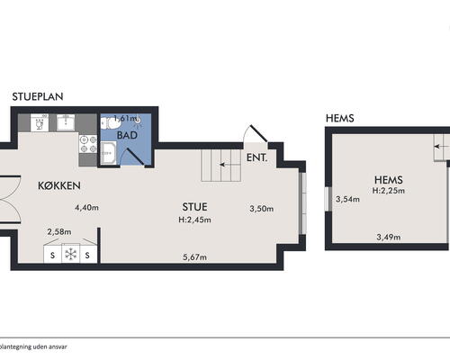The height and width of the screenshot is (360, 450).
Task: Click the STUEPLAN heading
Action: pyautogui.click(x=38, y=96)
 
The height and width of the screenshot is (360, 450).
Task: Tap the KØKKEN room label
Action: pyautogui.click(x=59, y=185)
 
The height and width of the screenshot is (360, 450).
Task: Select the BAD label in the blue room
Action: pyautogui.click(x=127, y=135)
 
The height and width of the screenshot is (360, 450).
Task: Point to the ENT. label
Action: pyautogui.click(x=256, y=157)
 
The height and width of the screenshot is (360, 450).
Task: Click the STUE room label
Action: pyautogui.click(x=194, y=207)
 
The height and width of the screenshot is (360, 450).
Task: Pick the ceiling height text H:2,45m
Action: pyautogui.click(x=194, y=220)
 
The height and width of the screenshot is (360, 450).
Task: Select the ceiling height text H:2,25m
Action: pyautogui.click(x=389, y=191)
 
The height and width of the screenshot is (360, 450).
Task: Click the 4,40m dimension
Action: pyautogui.click(x=86, y=208)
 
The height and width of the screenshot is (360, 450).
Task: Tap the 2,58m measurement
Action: pyautogui.click(x=59, y=232)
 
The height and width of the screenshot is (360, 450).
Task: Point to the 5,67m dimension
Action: pyautogui.click(x=194, y=257)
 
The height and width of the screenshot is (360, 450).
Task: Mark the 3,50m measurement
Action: pyautogui.click(x=262, y=209)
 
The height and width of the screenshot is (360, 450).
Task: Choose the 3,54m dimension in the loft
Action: pyautogui.click(x=347, y=199)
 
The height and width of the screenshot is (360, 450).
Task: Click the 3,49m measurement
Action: pyautogui.click(x=389, y=238)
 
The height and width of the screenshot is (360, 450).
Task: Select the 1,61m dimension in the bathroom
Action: pyautogui.click(x=125, y=118)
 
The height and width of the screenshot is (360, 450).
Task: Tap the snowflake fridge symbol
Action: pyautogui.click(x=71, y=255)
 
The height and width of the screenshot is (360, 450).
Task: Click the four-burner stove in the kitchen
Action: pyautogui.click(x=88, y=144)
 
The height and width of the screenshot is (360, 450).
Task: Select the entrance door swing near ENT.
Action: pyautogui.click(x=255, y=134)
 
